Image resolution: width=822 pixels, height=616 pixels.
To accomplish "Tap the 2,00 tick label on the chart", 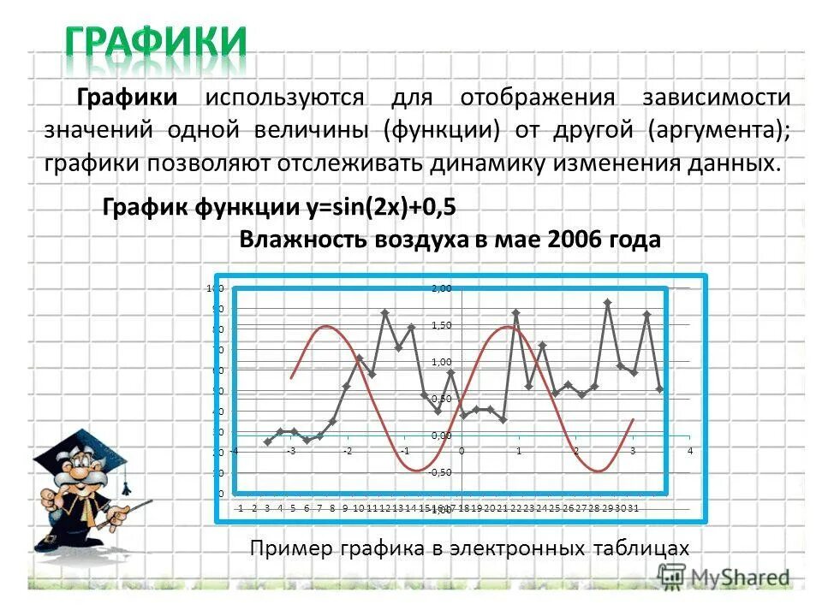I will (x=441, y=288).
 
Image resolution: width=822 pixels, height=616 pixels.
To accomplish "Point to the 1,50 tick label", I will (x=441, y=325).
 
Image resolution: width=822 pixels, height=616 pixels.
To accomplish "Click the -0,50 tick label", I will (x=440, y=472).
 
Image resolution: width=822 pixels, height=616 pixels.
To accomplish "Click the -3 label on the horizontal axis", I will (x=291, y=450).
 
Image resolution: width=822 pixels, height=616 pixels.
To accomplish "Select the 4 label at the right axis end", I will (x=689, y=450).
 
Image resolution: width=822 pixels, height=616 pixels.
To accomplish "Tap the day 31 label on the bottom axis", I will (x=635, y=509).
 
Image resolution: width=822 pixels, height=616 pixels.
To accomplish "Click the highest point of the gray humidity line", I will (x=607, y=303).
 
